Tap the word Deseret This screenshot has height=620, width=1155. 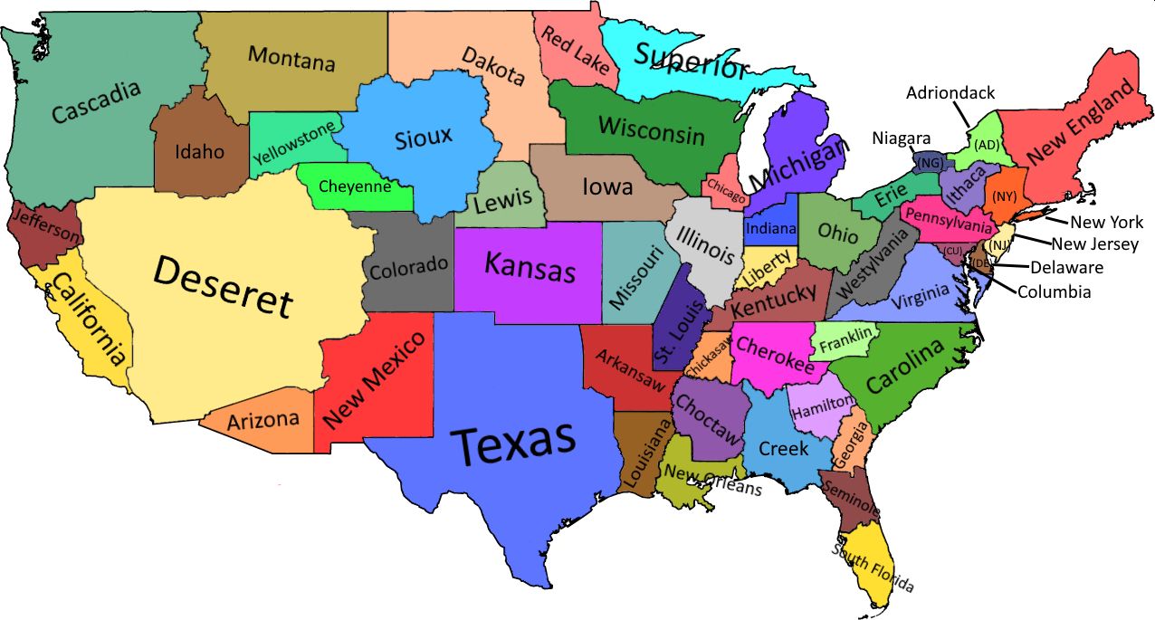[224, 286]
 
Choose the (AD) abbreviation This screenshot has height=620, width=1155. [986, 145]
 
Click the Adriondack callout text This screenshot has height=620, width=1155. [950, 92]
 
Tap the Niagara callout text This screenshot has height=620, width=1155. [901, 138]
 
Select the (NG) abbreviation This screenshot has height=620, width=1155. [929, 164]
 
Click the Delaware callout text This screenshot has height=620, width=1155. [1066, 267]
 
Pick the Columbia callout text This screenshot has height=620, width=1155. [1054, 291]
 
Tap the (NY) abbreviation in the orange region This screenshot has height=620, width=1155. [1003, 196]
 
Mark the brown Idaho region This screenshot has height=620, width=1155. [199, 151]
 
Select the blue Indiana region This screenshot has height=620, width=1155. [770, 227]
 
